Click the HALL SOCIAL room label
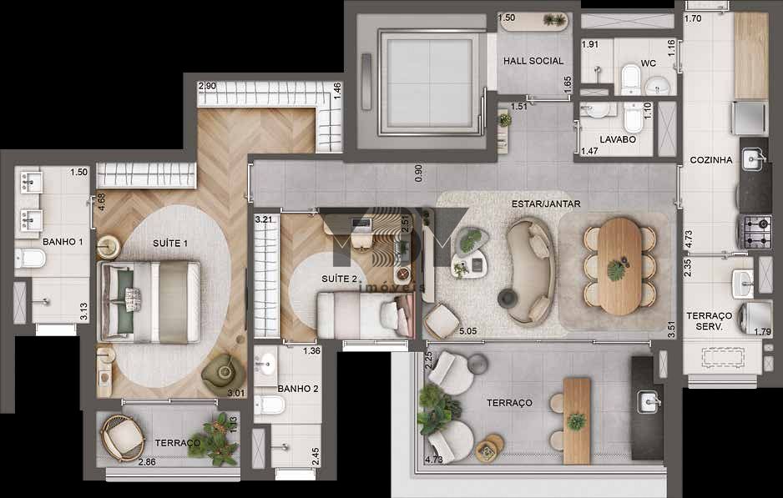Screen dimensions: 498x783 tap(533, 61)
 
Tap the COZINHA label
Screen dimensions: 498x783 tap(711, 160)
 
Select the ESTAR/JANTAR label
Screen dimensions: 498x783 tap(546, 203)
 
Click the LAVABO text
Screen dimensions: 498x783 tap(617, 139)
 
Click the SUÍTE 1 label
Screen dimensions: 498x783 tap(170, 243)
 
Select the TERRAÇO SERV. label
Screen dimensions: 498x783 tap(709, 321)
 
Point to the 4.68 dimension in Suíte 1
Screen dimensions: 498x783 tap(101, 203)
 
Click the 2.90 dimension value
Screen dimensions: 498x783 tap(207, 86)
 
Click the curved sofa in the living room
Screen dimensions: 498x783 tap(530, 271)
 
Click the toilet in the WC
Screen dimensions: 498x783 tap(630, 81)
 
